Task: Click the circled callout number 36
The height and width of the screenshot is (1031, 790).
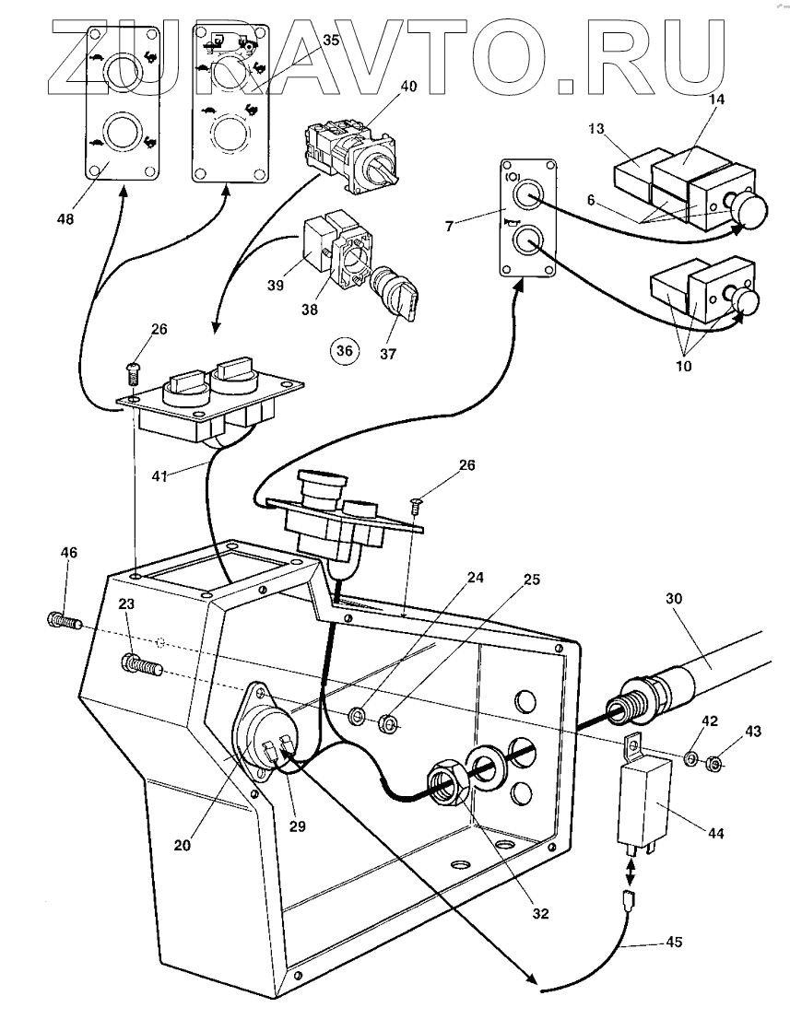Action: [x=345, y=350]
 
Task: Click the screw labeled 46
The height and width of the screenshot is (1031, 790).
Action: [x=64, y=619]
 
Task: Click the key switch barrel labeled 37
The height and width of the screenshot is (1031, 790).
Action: [x=394, y=295]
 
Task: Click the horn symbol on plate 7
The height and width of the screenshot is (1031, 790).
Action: [x=509, y=224]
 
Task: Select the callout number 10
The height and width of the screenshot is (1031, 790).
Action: [x=684, y=366]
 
